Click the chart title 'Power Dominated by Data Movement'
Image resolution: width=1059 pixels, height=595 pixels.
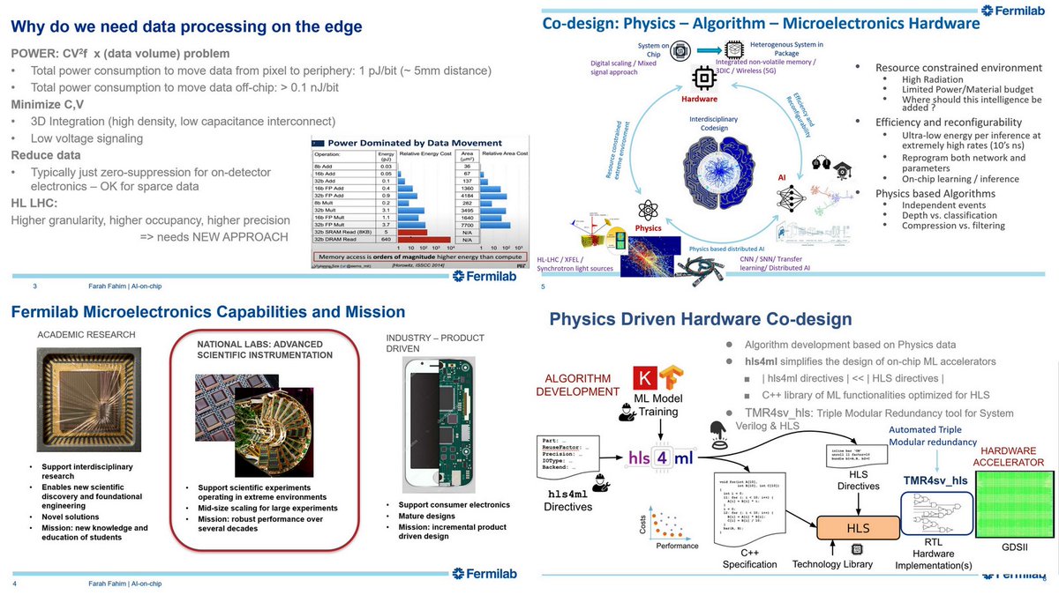(416, 143)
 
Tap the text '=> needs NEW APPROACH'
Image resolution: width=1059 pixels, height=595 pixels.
(214, 237)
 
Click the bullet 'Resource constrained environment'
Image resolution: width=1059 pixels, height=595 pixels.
(958, 68)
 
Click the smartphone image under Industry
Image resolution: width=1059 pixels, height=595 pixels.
(431, 424)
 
